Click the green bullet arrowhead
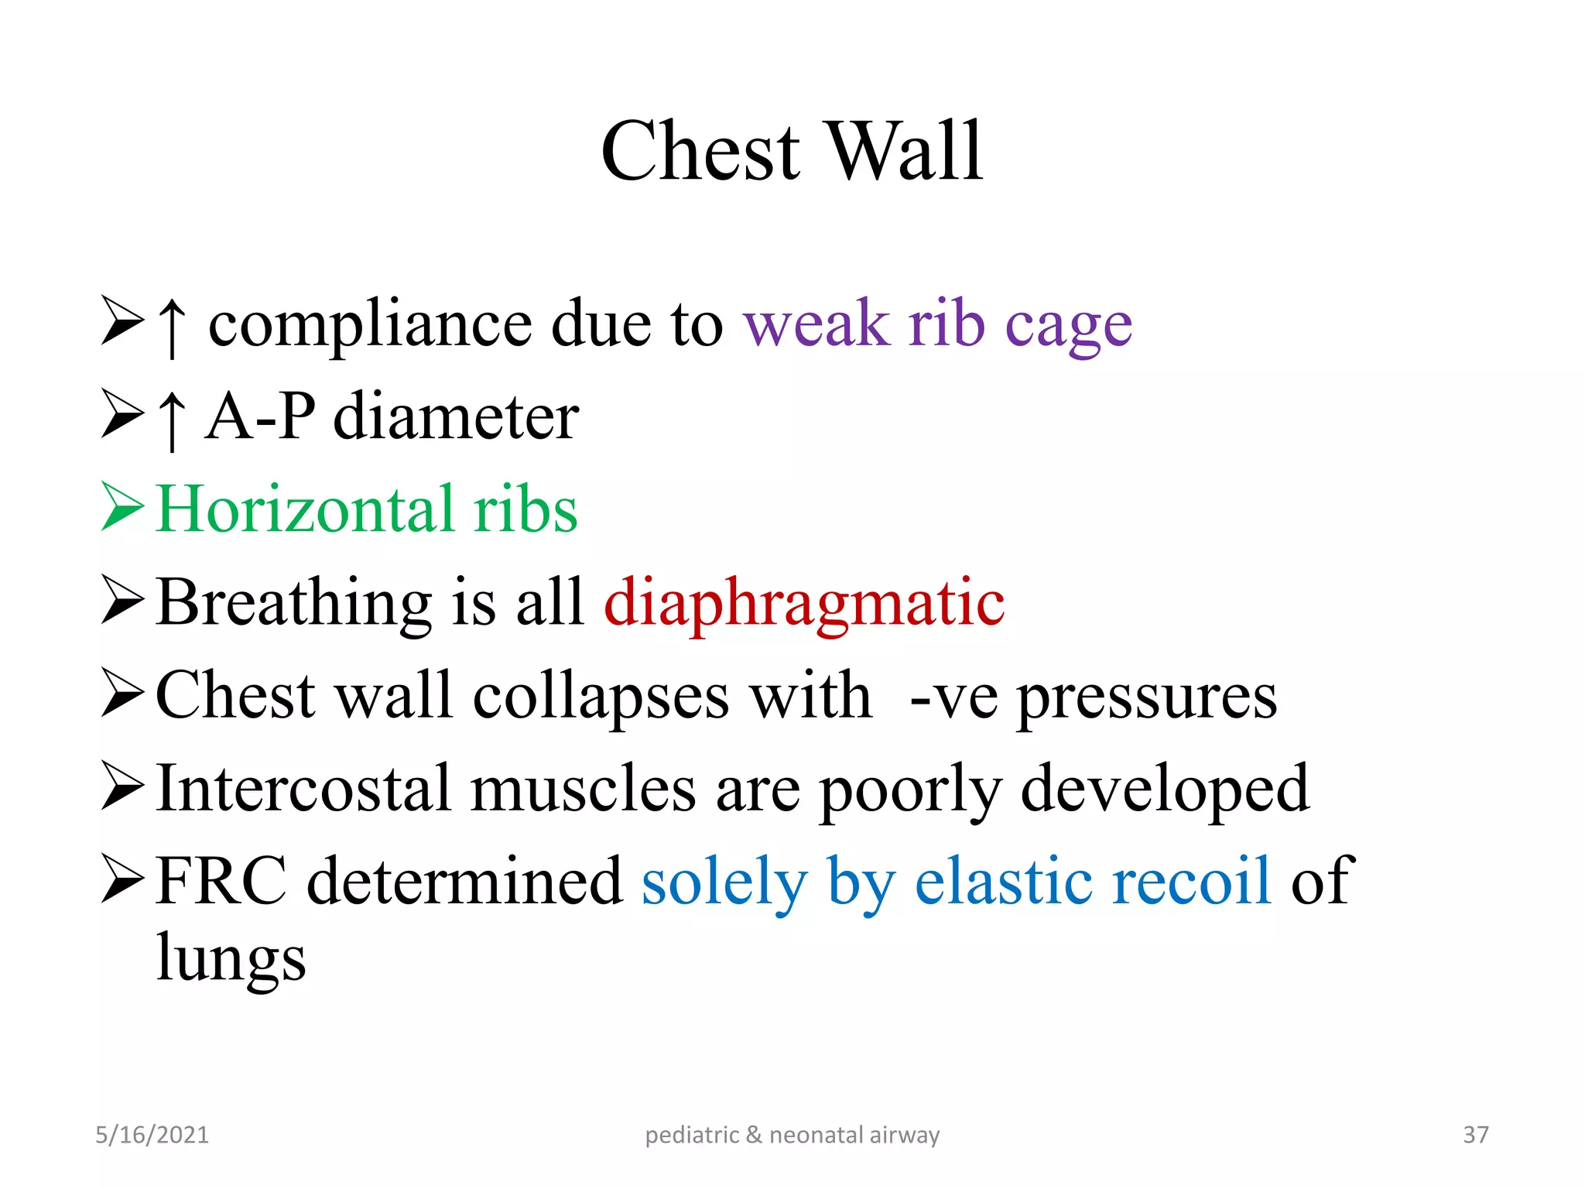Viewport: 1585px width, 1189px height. (x=122, y=507)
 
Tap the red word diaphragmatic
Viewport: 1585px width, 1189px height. (x=803, y=604)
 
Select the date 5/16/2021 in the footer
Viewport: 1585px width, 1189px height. (x=152, y=1135)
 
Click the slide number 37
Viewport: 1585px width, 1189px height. (x=1475, y=1135)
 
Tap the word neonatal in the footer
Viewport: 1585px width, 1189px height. (x=816, y=1135)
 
